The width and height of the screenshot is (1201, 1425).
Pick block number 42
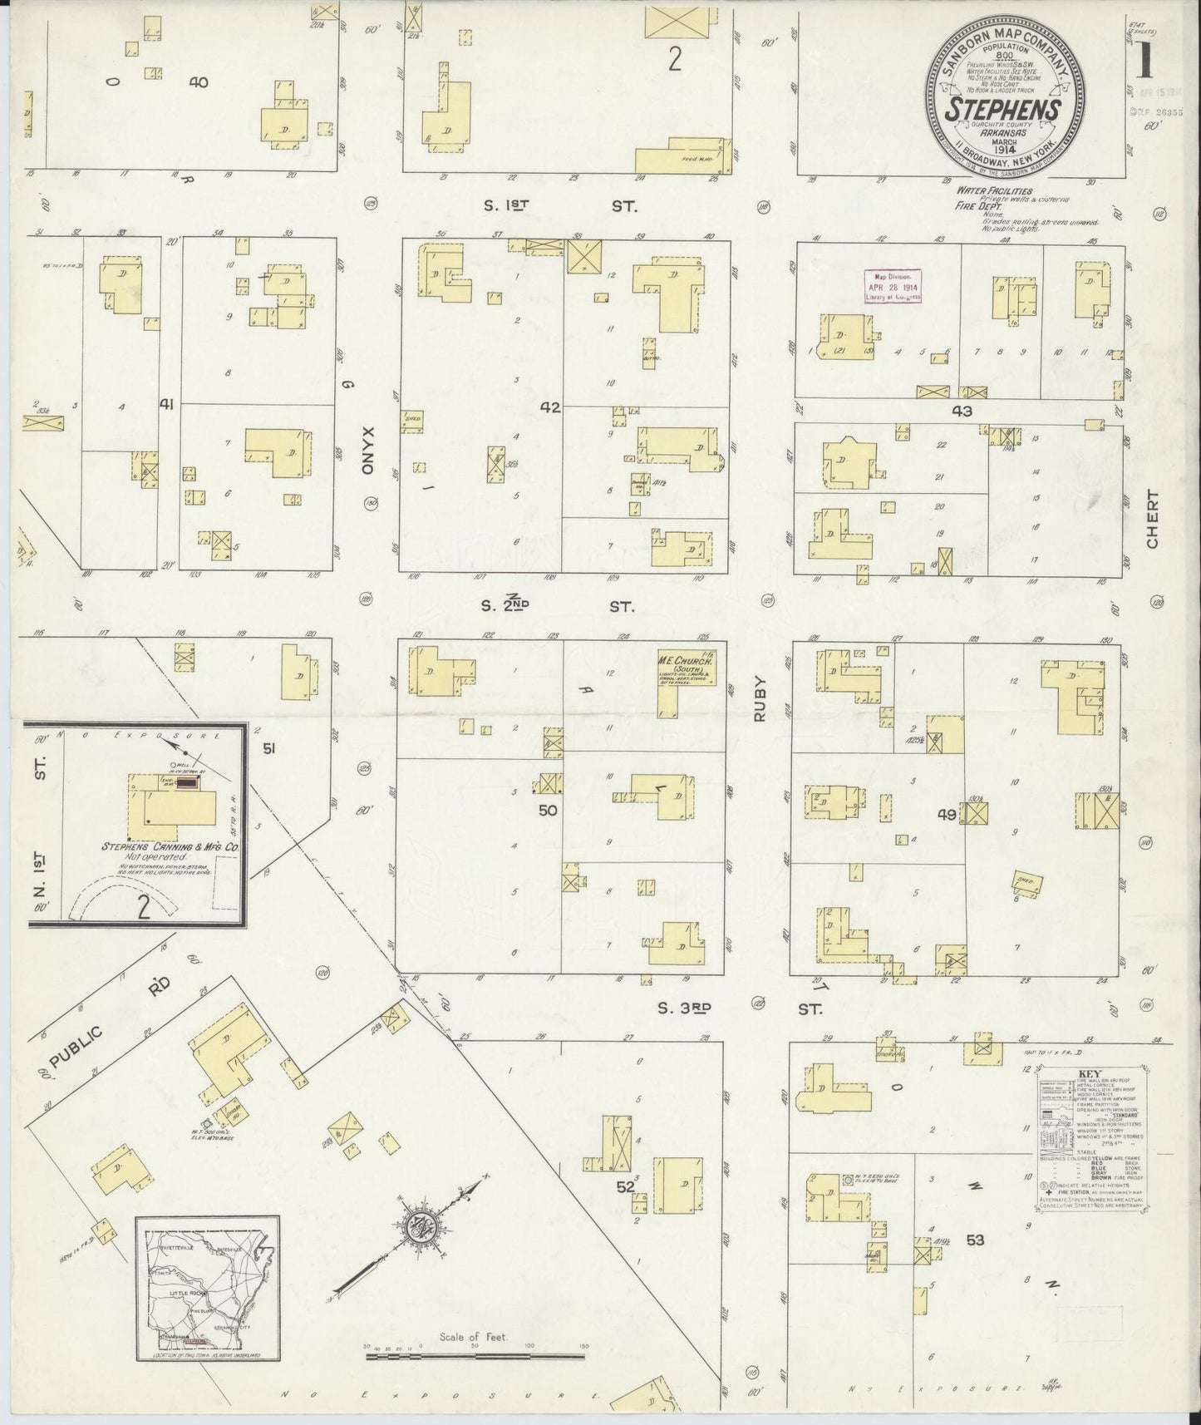click(x=550, y=407)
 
